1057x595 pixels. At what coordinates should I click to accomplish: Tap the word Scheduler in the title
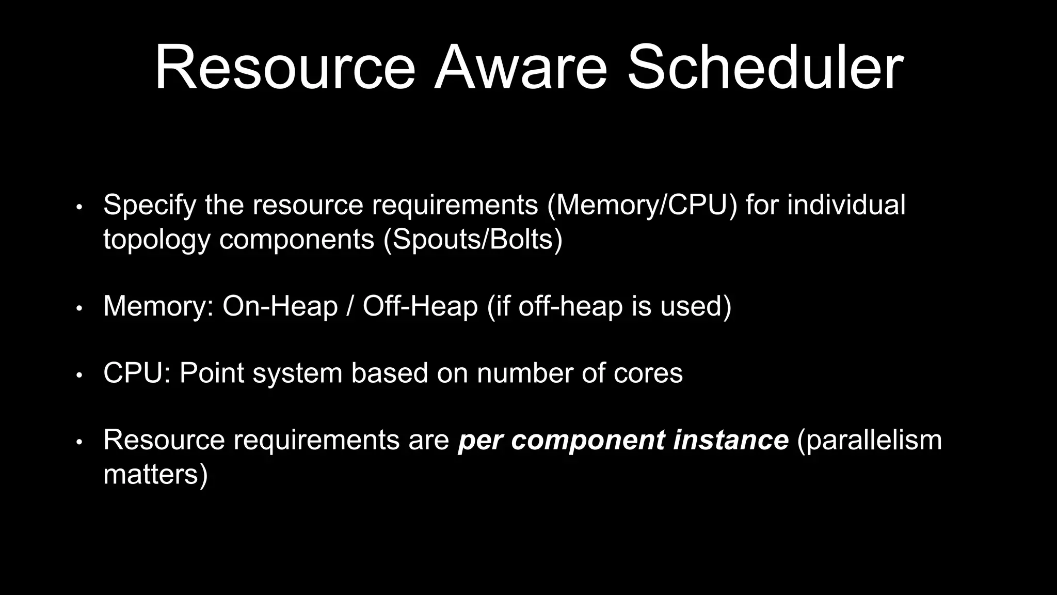tap(765, 68)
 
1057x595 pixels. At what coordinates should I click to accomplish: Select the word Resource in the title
tap(285, 68)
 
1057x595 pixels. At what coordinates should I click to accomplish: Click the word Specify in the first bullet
tap(150, 205)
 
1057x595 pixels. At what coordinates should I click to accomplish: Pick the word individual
tap(846, 205)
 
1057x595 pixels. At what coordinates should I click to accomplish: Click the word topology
tap(157, 240)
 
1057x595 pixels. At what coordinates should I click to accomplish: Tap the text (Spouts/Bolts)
tap(473, 240)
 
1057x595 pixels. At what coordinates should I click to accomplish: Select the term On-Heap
tap(280, 306)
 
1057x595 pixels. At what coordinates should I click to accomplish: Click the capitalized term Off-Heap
tap(420, 306)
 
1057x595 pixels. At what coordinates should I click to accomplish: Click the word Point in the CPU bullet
tap(212, 373)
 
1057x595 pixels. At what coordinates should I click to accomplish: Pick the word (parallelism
tap(870, 440)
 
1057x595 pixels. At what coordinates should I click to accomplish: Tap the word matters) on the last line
tap(155, 474)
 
